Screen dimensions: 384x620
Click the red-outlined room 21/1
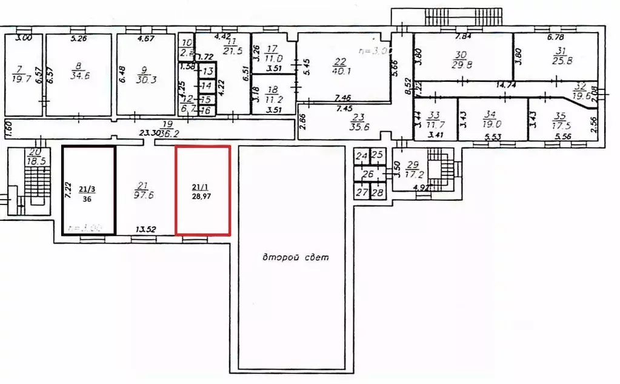[202, 190]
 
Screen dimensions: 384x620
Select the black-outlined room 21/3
[89, 190]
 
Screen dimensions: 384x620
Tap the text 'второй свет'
[295, 257]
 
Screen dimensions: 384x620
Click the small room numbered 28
[378, 193]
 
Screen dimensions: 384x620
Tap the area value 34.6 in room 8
[79, 76]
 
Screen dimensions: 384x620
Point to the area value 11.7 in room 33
[433, 121]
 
